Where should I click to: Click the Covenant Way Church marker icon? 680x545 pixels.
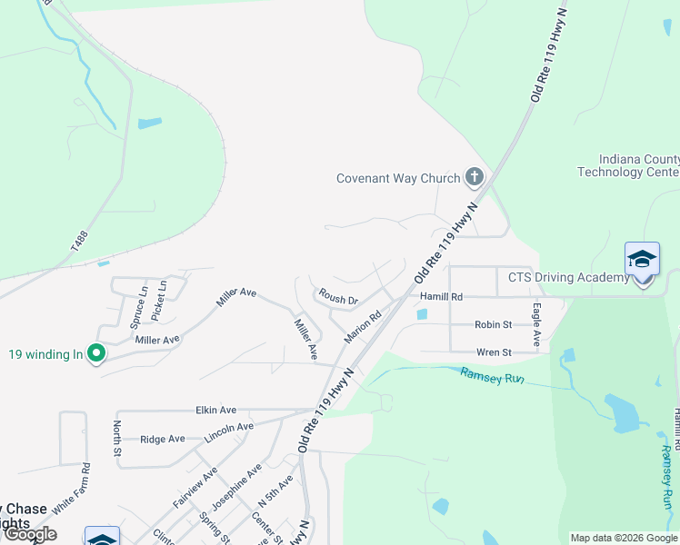coord(474,176)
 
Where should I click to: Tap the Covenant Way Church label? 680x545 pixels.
coord(399,178)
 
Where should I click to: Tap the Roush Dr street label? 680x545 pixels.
coord(338,297)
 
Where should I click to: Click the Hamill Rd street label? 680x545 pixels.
coord(442,296)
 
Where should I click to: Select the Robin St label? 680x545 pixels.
coord(494,324)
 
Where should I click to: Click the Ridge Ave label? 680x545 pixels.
coord(163,439)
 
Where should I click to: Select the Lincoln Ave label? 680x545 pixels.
coord(229,427)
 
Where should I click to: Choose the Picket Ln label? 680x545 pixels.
coord(161,298)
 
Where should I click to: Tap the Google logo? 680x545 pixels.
coord(31,534)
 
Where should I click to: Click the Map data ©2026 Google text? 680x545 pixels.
coord(624,538)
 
